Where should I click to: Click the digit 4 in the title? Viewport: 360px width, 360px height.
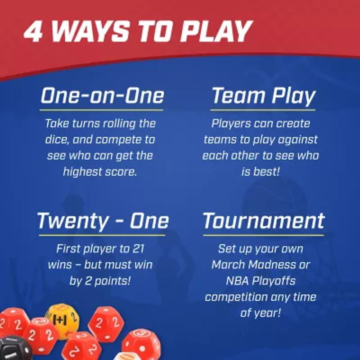pyautogui.click(x=34, y=31)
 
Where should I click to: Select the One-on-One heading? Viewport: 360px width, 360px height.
pyautogui.click(x=102, y=96)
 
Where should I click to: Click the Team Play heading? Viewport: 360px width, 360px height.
pyautogui.click(x=263, y=96)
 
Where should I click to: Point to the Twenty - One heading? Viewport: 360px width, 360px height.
pyautogui.click(x=103, y=221)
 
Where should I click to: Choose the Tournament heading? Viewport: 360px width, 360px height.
pyautogui.click(x=264, y=221)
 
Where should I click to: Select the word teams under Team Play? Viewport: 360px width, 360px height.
pyautogui.click(x=220, y=139)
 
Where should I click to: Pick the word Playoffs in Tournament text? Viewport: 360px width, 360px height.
pyautogui.click(x=276, y=281)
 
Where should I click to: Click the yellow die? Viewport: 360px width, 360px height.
pyautogui.click(x=62, y=320)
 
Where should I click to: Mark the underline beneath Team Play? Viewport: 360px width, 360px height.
pyautogui.click(x=263, y=110)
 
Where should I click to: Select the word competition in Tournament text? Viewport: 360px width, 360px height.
pyautogui.click(x=237, y=297)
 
